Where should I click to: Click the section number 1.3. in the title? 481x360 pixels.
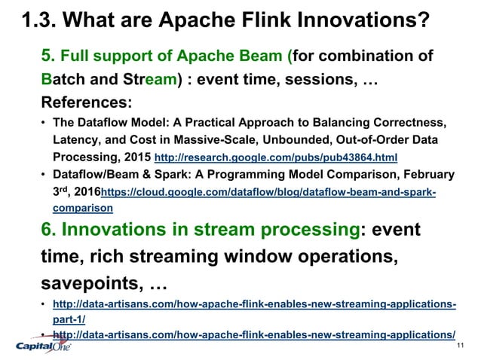[38, 18]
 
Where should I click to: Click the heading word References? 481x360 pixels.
[87, 100]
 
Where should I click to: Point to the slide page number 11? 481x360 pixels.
[461, 344]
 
